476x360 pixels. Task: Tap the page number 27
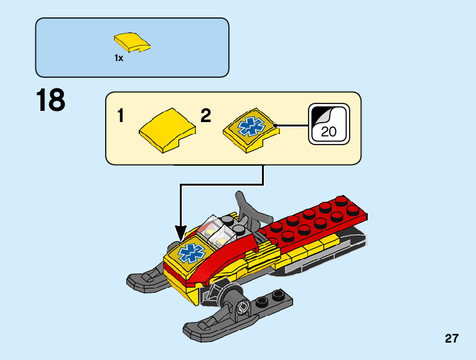coord(452,339)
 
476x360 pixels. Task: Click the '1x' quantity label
coord(119,57)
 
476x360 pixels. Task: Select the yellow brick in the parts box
coord(132,42)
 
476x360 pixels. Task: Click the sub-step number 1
coord(121,116)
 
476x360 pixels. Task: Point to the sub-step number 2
coord(206,116)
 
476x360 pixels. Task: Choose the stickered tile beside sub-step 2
coord(249,129)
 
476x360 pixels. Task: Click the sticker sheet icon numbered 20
coord(329,124)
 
